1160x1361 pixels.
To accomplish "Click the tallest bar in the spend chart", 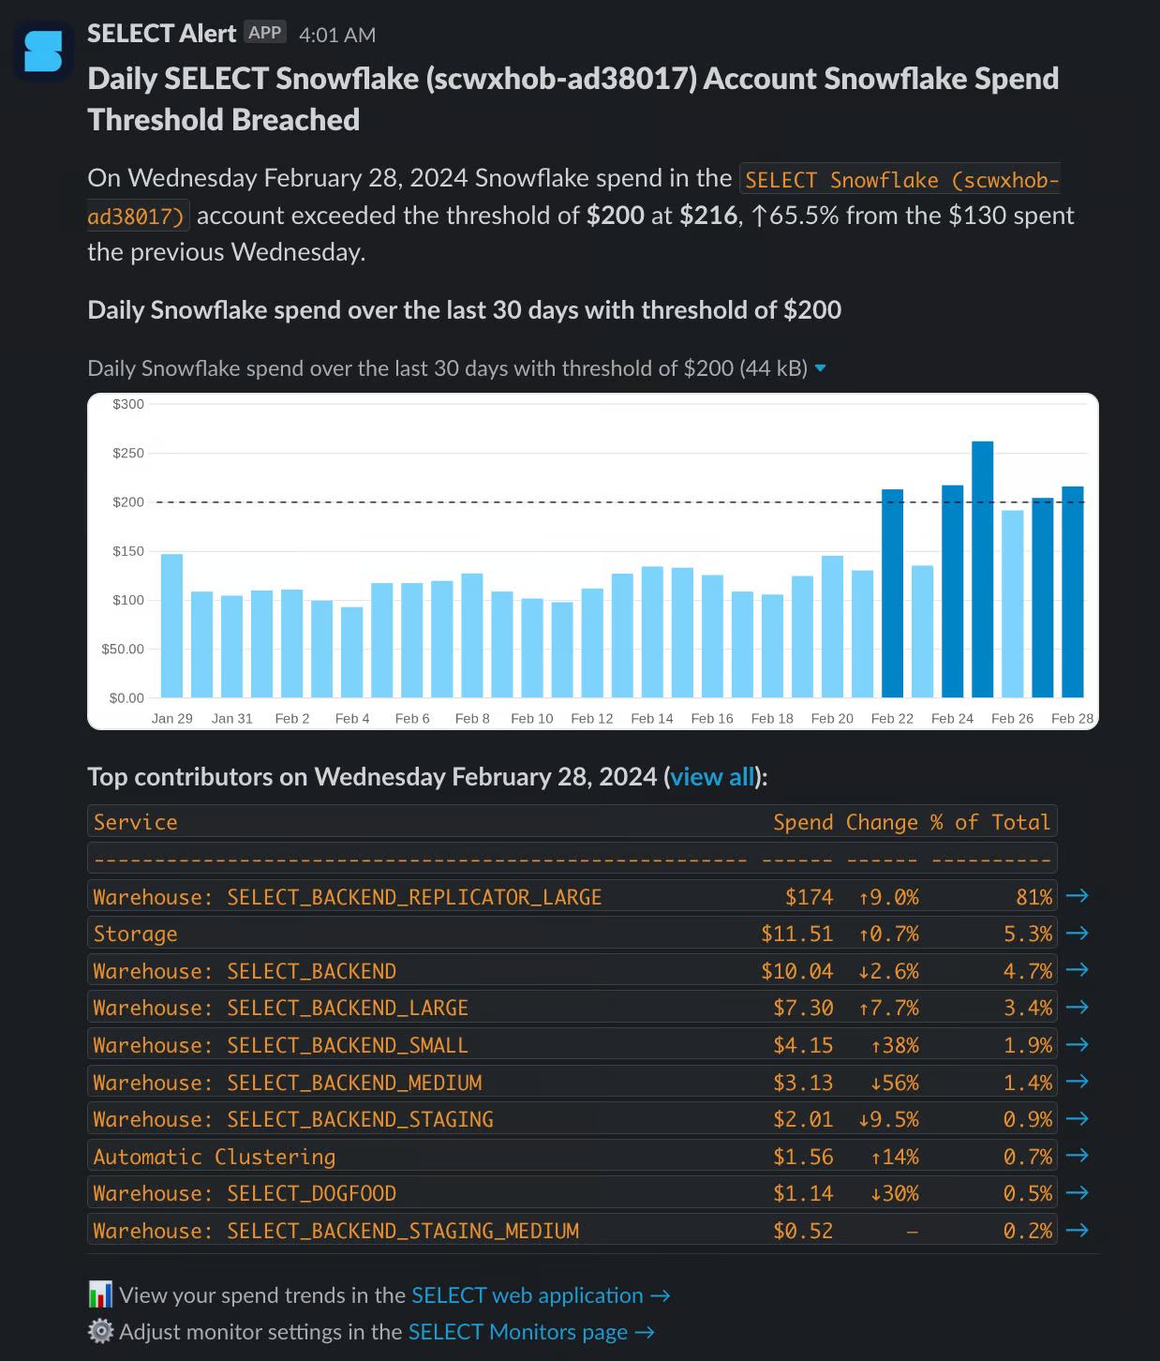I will (982, 569).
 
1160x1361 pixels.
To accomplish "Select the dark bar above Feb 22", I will (892, 593).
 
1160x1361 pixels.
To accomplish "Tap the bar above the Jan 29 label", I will (171, 625).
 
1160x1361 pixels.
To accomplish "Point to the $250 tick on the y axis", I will (128, 454).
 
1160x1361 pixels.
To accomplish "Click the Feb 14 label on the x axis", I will (652, 718).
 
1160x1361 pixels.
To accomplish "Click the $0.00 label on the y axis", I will (126, 698).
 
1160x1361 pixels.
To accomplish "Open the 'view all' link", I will (712, 777).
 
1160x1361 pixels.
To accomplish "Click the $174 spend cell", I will (809, 897).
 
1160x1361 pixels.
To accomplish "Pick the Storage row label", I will (135, 934).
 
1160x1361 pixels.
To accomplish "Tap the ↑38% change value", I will (894, 1045).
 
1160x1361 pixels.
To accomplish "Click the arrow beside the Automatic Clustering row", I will (1078, 1156).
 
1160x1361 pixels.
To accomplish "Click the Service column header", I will (135, 822).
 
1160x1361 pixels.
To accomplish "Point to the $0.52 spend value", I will (803, 1231).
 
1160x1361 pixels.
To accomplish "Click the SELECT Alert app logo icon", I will (43, 51).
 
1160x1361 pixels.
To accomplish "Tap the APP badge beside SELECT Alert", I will (264, 33).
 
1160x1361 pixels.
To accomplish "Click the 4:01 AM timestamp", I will (337, 35).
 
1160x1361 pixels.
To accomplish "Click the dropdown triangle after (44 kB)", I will (821, 368).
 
